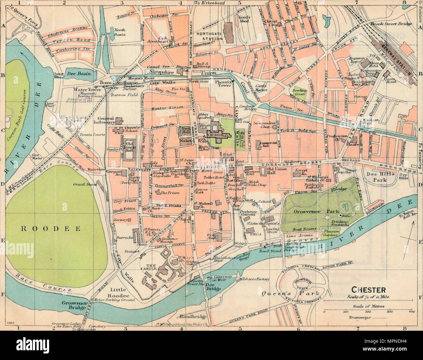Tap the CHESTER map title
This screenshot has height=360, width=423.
(x=368, y=289)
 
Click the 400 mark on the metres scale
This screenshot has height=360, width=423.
(x=411, y=312)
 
